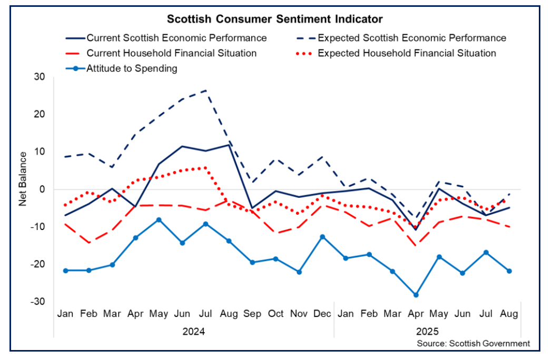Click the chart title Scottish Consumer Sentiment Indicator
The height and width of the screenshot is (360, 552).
(x=275, y=19)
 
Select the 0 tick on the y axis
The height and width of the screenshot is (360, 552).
(x=43, y=189)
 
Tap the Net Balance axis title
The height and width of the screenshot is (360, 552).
(x=23, y=179)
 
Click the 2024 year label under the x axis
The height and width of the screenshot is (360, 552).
(x=193, y=332)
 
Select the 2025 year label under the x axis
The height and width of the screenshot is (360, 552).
(x=427, y=332)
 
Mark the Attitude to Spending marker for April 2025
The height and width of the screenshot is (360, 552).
(x=416, y=295)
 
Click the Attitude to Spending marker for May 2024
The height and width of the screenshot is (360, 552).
(x=159, y=219)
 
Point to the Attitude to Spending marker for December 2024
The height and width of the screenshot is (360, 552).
(x=322, y=237)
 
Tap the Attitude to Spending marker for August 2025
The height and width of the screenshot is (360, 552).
(x=509, y=271)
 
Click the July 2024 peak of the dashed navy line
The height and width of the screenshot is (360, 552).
(x=205, y=90)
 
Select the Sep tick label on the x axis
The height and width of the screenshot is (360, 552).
(x=252, y=314)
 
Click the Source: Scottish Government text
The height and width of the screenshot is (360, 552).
(x=473, y=344)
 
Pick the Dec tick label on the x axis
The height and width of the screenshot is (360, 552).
(x=322, y=314)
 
